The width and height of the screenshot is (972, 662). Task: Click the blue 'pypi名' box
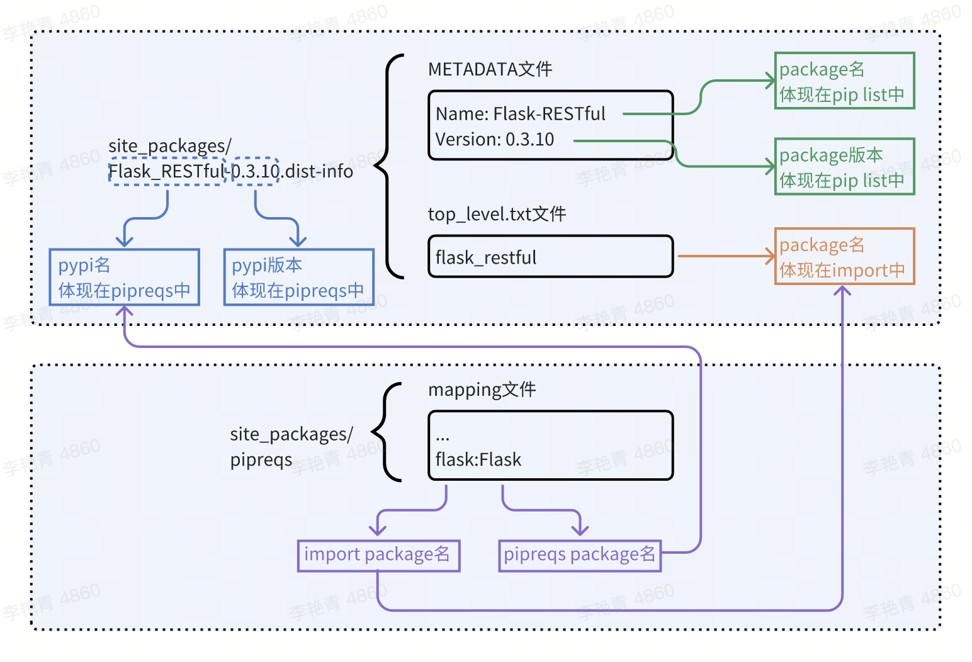124,278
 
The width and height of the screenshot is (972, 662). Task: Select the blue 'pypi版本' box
298,278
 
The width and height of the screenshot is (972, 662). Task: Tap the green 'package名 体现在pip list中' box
844,81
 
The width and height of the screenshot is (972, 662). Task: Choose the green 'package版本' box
844,167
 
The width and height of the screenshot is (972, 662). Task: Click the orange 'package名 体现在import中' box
844,257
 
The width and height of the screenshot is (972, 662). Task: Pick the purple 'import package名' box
378,555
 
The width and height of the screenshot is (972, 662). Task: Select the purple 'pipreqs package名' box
579,555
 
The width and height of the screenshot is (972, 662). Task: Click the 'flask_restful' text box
550,257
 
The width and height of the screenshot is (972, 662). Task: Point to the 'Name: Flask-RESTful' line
520,114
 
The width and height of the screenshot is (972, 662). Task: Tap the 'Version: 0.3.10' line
495,140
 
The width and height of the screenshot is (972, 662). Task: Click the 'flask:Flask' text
478,460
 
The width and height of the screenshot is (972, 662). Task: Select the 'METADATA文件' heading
490,69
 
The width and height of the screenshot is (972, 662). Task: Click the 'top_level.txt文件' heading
497,215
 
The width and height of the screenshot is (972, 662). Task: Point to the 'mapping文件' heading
482,390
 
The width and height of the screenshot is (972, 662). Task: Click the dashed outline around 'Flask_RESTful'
167,171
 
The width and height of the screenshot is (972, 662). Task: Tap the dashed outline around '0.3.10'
256,171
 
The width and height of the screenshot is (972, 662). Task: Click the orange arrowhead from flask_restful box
770,256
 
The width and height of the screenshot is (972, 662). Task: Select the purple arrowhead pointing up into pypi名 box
125,311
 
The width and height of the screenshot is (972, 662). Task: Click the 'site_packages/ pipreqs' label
291,447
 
